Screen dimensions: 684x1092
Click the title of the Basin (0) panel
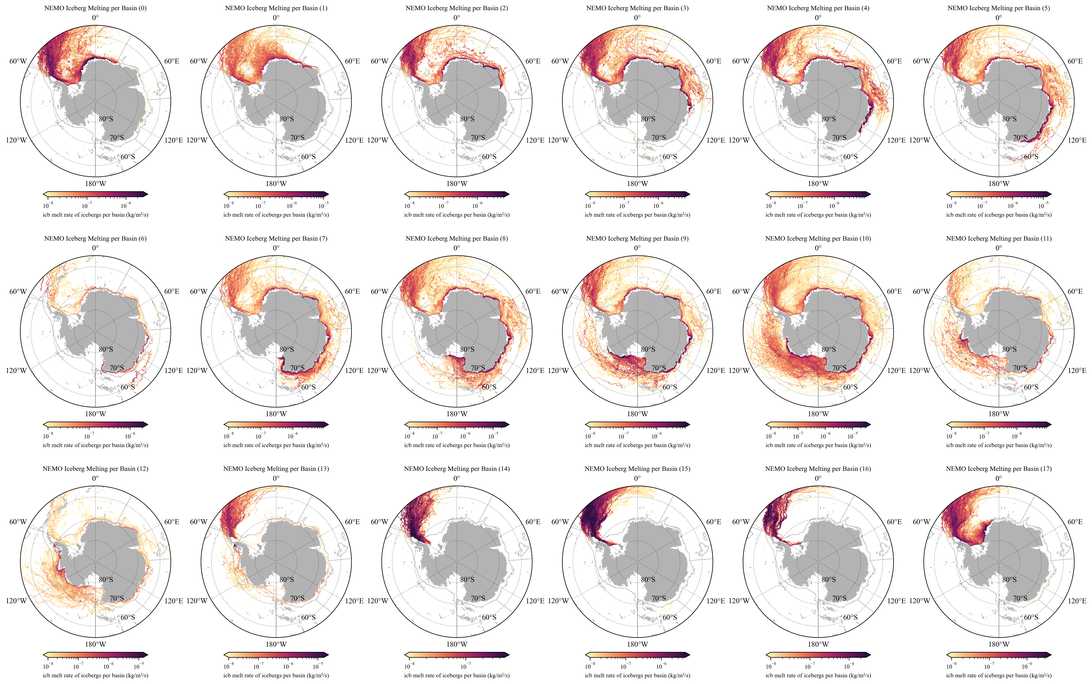click(x=95, y=8)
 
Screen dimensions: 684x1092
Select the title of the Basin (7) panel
click(x=276, y=238)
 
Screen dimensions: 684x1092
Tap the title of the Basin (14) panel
click(x=456, y=469)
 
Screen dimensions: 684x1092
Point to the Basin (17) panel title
click(x=999, y=469)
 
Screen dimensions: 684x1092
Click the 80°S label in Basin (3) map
click(x=648, y=119)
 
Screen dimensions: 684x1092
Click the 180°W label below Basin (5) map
click(x=999, y=184)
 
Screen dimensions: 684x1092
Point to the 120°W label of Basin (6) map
click(x=16, y=371)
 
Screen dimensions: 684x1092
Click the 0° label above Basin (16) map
click(x=818, y=478)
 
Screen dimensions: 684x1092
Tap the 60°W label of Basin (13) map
click(x=198, y=522)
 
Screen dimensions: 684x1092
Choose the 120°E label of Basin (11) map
click(x=1077, y=371)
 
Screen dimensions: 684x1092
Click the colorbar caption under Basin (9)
click(x=637, y=445)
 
